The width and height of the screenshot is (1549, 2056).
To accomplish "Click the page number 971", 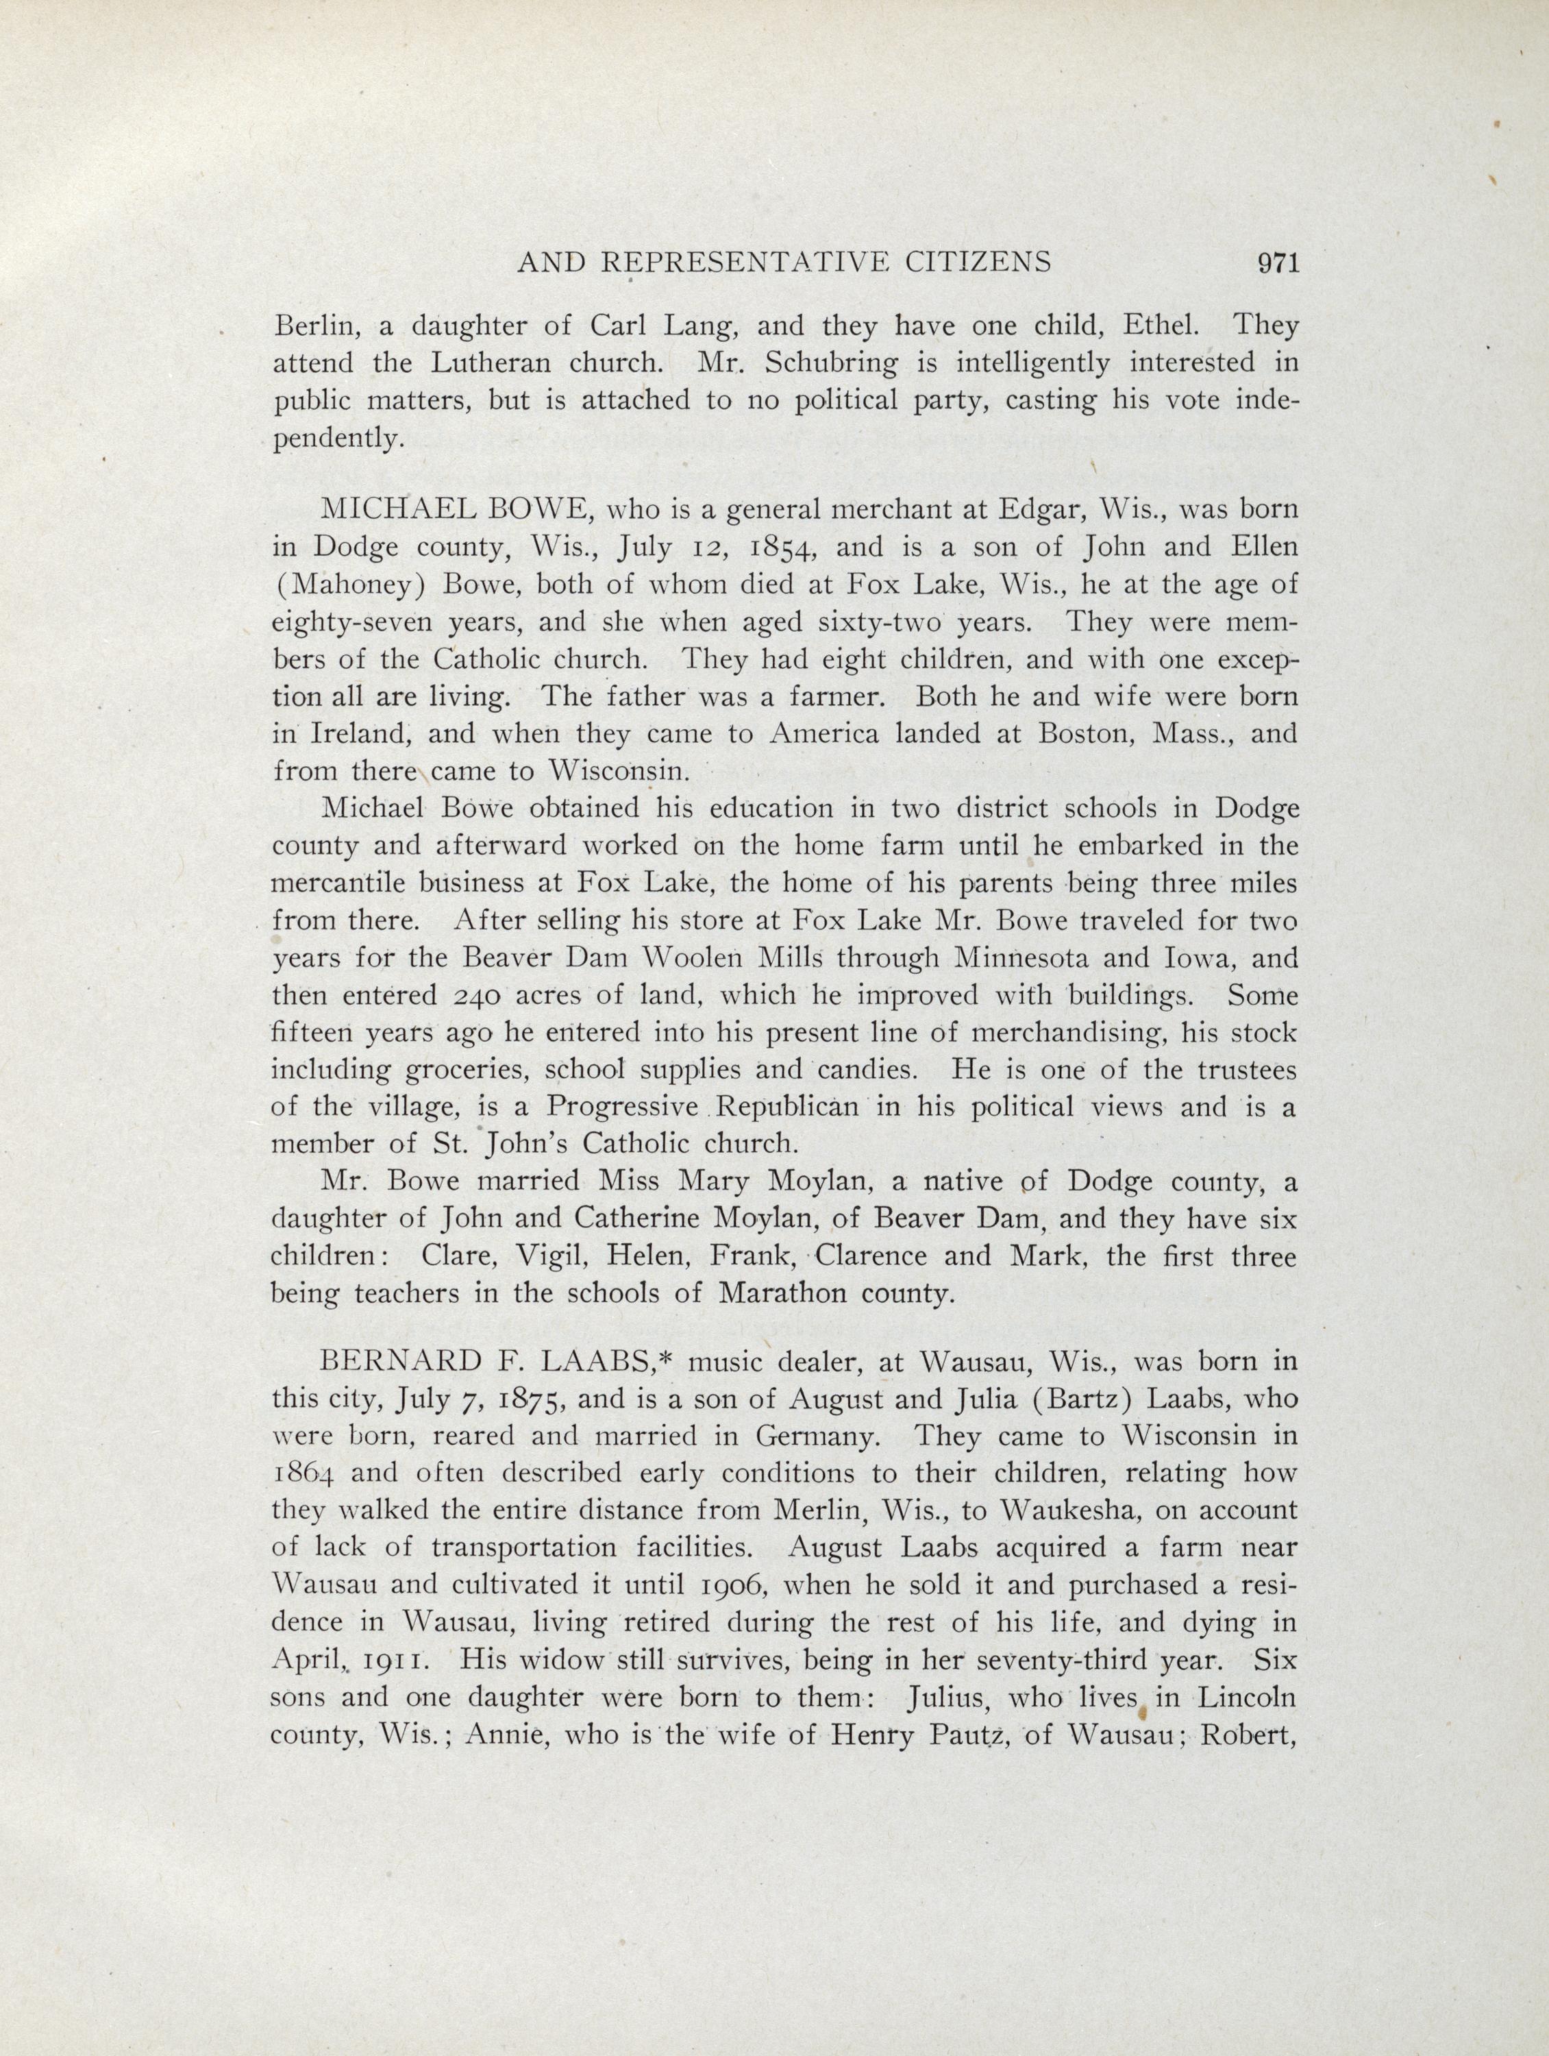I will click(1276, 263).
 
